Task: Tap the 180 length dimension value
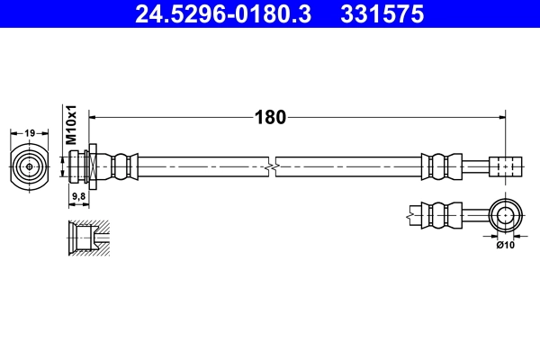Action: [x=270, y=117]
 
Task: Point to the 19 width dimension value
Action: [x=30, y=133]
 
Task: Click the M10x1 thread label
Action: [x=73, y=125]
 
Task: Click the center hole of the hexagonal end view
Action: [x=30, y=166]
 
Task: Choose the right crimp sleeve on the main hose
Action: [x=438, y=166]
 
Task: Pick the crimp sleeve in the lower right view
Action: [x=438, y=215]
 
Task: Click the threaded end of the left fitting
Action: [x=76, y=166]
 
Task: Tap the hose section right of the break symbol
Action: [x=351, y=166]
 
